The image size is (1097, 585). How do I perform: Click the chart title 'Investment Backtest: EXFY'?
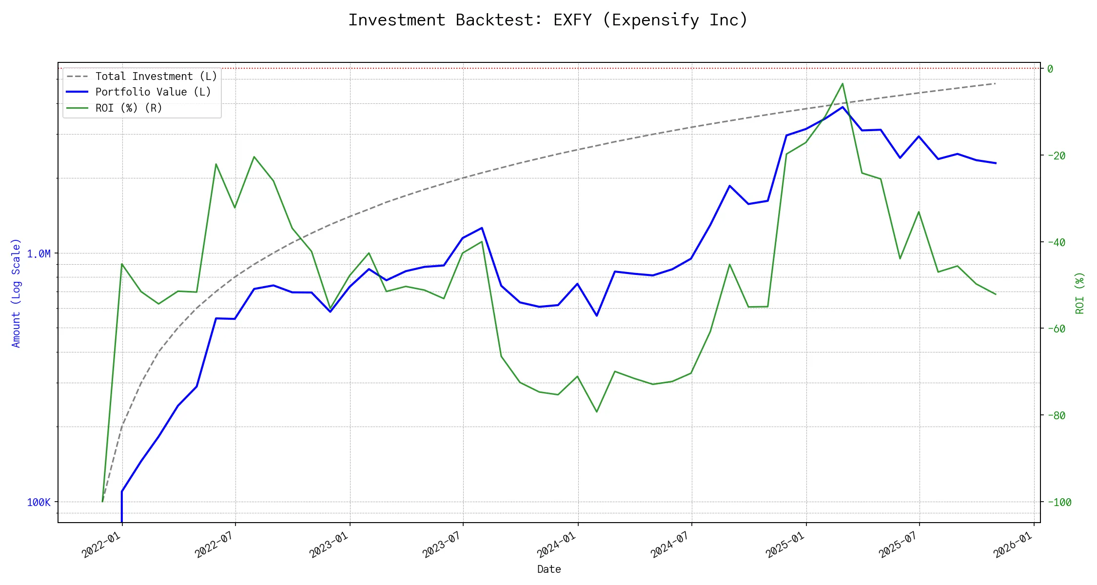[548, 20]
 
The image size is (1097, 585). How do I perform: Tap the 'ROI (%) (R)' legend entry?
[129, 108]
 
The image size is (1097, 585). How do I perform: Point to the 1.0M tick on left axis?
[39, 253]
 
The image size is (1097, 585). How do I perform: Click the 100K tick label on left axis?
[39, 502]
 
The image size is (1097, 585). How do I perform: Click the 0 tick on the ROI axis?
[1050, 69]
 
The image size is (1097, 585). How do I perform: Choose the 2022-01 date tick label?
[102, 544]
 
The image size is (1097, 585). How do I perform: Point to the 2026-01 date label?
[1014, 544]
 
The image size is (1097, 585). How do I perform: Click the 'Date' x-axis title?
[549, 569]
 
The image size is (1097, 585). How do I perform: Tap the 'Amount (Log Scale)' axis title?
[16, 293]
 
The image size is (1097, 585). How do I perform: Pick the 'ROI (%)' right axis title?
[1080, 293]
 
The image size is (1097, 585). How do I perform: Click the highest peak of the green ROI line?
[842, 83]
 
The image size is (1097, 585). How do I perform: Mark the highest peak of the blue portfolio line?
[842, 107]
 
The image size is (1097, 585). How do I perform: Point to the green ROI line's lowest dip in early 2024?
[597, 412]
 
